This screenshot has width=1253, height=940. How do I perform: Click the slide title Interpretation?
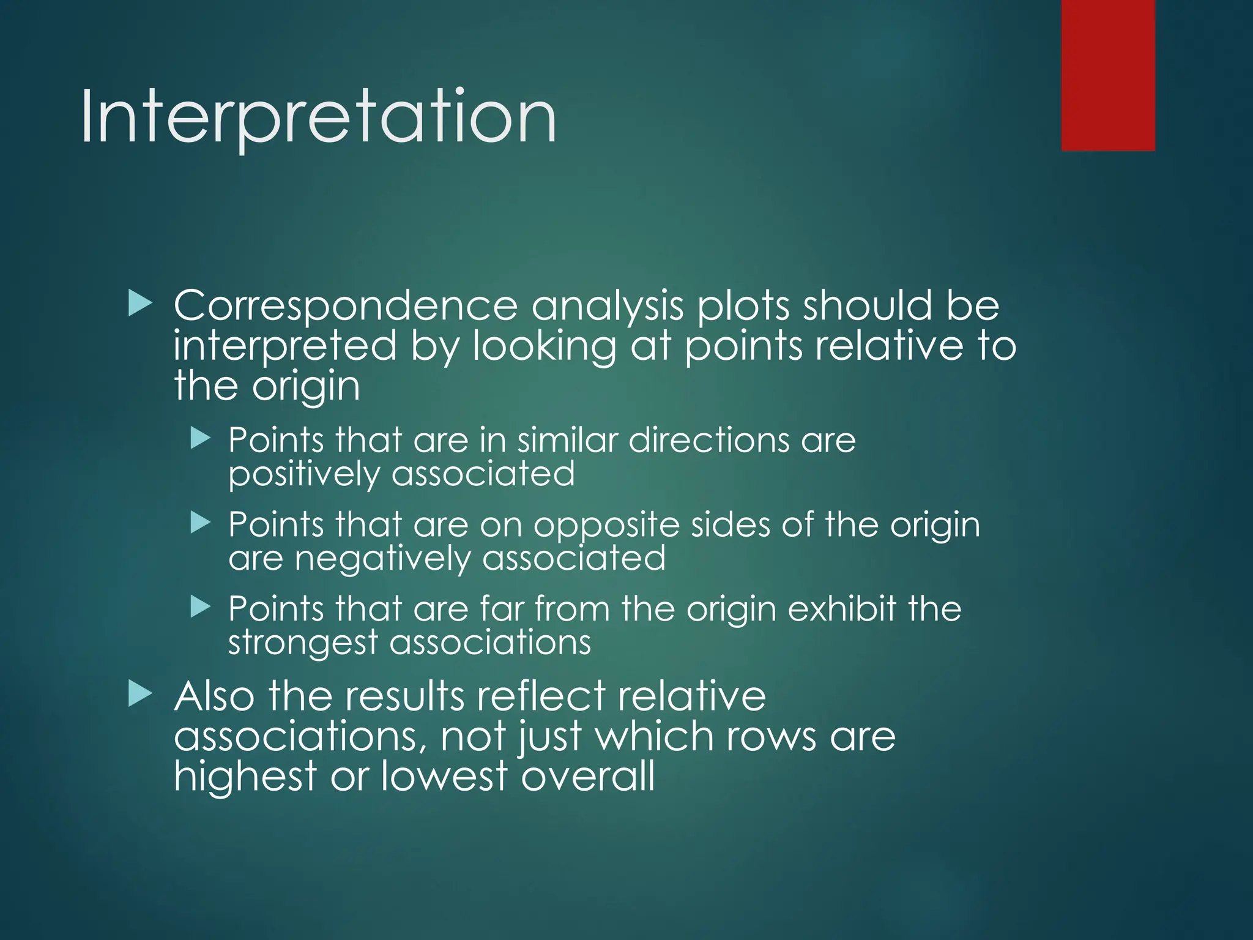pyautogui.click(x=318, y=117)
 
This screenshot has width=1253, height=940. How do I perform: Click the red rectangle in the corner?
pyautogui.click(x=1107, y=75)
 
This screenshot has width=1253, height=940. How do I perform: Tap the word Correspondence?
pyautogui.click(x=345, y=306)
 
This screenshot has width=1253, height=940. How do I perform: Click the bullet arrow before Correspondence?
pyautogui.click(x=140, y=304)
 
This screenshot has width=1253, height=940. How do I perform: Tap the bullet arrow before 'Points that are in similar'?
pyautogui.click(x=201, y=438)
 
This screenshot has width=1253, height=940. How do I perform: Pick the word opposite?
pyautogui.click(x=606, y=526)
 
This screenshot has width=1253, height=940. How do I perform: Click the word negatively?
pyautogui.click(x=382, y=559)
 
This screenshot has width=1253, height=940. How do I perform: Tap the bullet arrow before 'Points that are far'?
pyautogui.click(x=201, y=606)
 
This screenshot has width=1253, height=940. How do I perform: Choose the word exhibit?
pyautogui.click(x=842, y=609)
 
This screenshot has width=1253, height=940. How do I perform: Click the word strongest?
pyautogui.click(x=303, y=643)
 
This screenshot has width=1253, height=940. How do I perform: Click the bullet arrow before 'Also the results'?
pyautogui.click(x=140, y=695)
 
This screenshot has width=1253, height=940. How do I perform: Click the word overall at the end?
pyautogui.click(x=588, y=776)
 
